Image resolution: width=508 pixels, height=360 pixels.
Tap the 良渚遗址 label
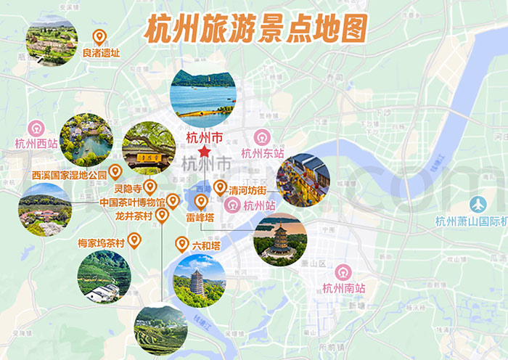[101, 53]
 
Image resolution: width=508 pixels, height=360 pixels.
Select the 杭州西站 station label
[36, 144]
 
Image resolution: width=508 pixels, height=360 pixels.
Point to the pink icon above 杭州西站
[36, 128]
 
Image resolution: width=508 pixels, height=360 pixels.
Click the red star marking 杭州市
[205, 151]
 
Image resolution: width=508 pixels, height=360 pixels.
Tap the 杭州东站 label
[262, 153]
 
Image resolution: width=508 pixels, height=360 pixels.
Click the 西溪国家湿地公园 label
[69, 175]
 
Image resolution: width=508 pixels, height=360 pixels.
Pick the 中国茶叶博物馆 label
[132, 202]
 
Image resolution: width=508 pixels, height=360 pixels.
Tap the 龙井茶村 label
[134, 216]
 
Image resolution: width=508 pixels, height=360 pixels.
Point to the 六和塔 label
[205, 246]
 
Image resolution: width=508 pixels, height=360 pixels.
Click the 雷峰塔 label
[200, 216]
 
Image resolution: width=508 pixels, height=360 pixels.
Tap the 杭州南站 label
[344, 288]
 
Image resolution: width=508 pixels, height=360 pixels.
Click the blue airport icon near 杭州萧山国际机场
[478, 205]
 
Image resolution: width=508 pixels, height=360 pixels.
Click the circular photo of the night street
[303, 180]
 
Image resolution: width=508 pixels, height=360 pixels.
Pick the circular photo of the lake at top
[202, 94]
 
